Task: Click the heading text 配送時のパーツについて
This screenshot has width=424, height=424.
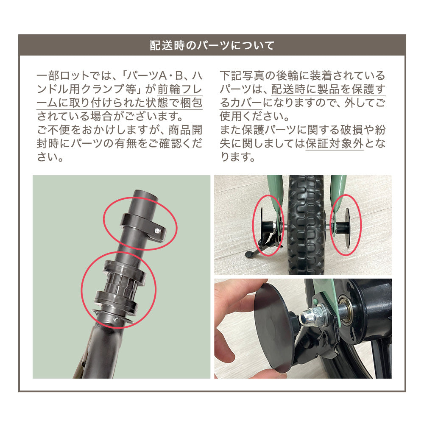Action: pos(212,45)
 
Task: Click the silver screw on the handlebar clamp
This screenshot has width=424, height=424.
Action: pos(157,231)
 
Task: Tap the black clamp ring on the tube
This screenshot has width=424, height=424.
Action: pos(143,227)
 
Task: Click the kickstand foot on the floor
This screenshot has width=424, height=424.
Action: pos(250,254)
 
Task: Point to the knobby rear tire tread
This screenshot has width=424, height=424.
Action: pos(306,224)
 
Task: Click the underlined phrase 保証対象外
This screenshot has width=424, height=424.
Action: pos(335,143)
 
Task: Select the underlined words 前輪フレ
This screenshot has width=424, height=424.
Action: pos(180,89)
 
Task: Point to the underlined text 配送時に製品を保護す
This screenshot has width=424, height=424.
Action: pos(328,89)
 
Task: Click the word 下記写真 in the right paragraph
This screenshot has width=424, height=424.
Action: pos(242,76)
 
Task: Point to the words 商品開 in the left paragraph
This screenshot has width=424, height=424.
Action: pos(185,130)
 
